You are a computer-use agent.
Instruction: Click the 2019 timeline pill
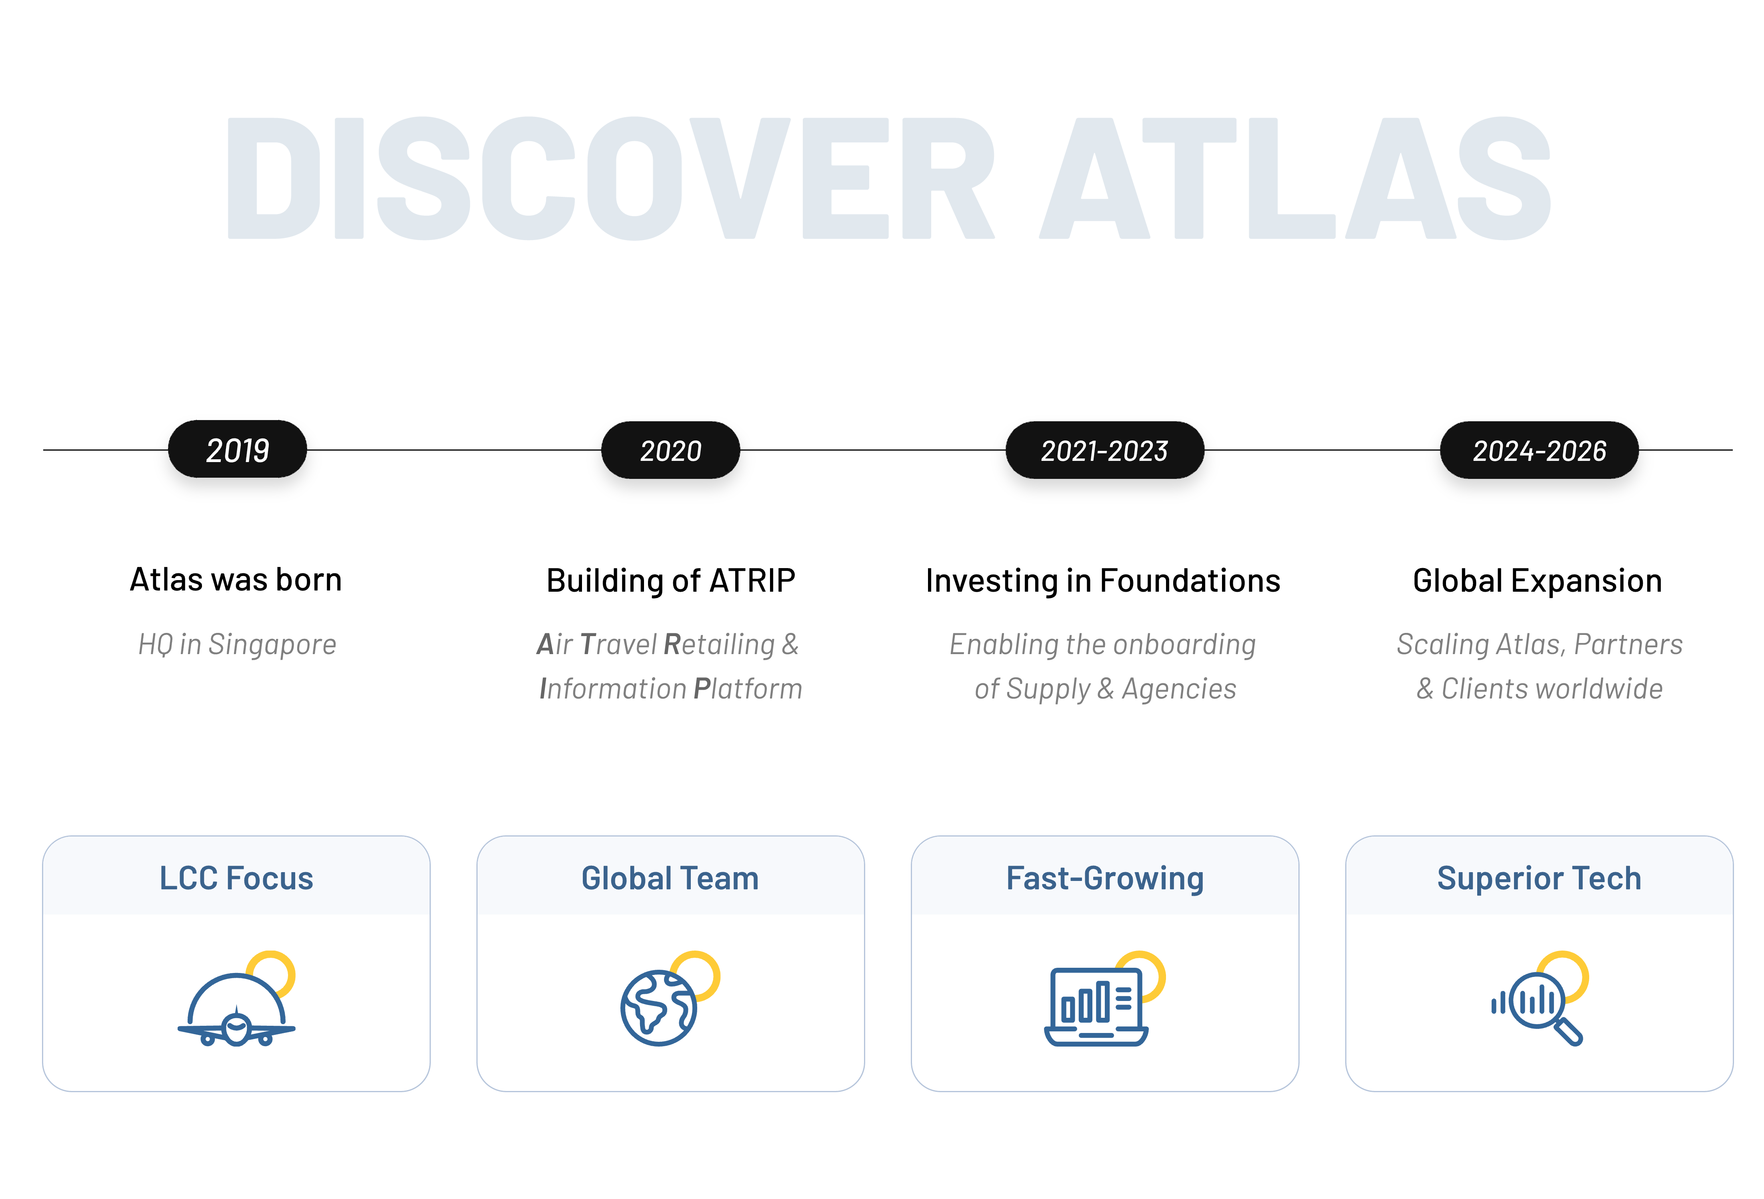(x=238, y=450)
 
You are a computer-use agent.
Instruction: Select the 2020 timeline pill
(x=671, y=450)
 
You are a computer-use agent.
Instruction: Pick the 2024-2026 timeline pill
(x=1539, y=450)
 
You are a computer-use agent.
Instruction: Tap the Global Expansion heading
(x=1538, y=581)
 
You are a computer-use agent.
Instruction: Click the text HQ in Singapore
(x=237, y=644)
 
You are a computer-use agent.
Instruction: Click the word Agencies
(x=1180, y=689)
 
